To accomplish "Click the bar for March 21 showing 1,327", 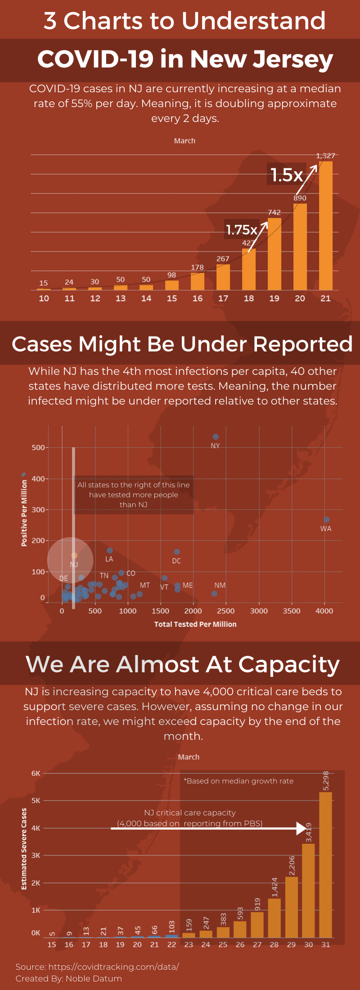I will (326, 225).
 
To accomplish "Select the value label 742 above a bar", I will (274, 212).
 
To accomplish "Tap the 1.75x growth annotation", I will (242, 230).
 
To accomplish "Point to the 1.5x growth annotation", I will (287, 175).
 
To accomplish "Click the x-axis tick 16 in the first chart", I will (198, 298).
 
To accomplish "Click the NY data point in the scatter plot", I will (216, 437).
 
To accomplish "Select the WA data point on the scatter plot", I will (327, 520).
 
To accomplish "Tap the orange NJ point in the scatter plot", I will (74, 556).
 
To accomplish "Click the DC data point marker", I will (177, 552).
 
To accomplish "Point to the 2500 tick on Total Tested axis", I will (226, 611).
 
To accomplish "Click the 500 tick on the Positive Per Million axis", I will (38, 448).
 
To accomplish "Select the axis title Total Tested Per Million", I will (195, 624).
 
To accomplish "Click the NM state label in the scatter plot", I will (220, 585).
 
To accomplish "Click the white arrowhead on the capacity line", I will (301, 828).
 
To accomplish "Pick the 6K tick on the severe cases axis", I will (36, 774).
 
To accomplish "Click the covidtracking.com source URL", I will (113, 967).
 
